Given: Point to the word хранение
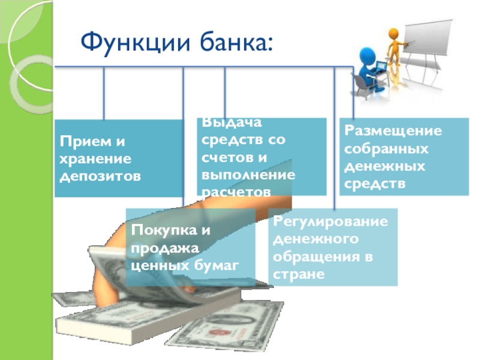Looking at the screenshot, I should pyautogui.click(x=94, y=160).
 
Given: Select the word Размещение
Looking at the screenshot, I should pyautogui.click(x=392, y=131).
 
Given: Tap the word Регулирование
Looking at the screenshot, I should pyautogui.click(x=331, y=222).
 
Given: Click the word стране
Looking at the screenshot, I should pyautogui.click(x=298, y=274).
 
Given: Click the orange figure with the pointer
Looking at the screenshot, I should pyautogui.click(x=395, y=47).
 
